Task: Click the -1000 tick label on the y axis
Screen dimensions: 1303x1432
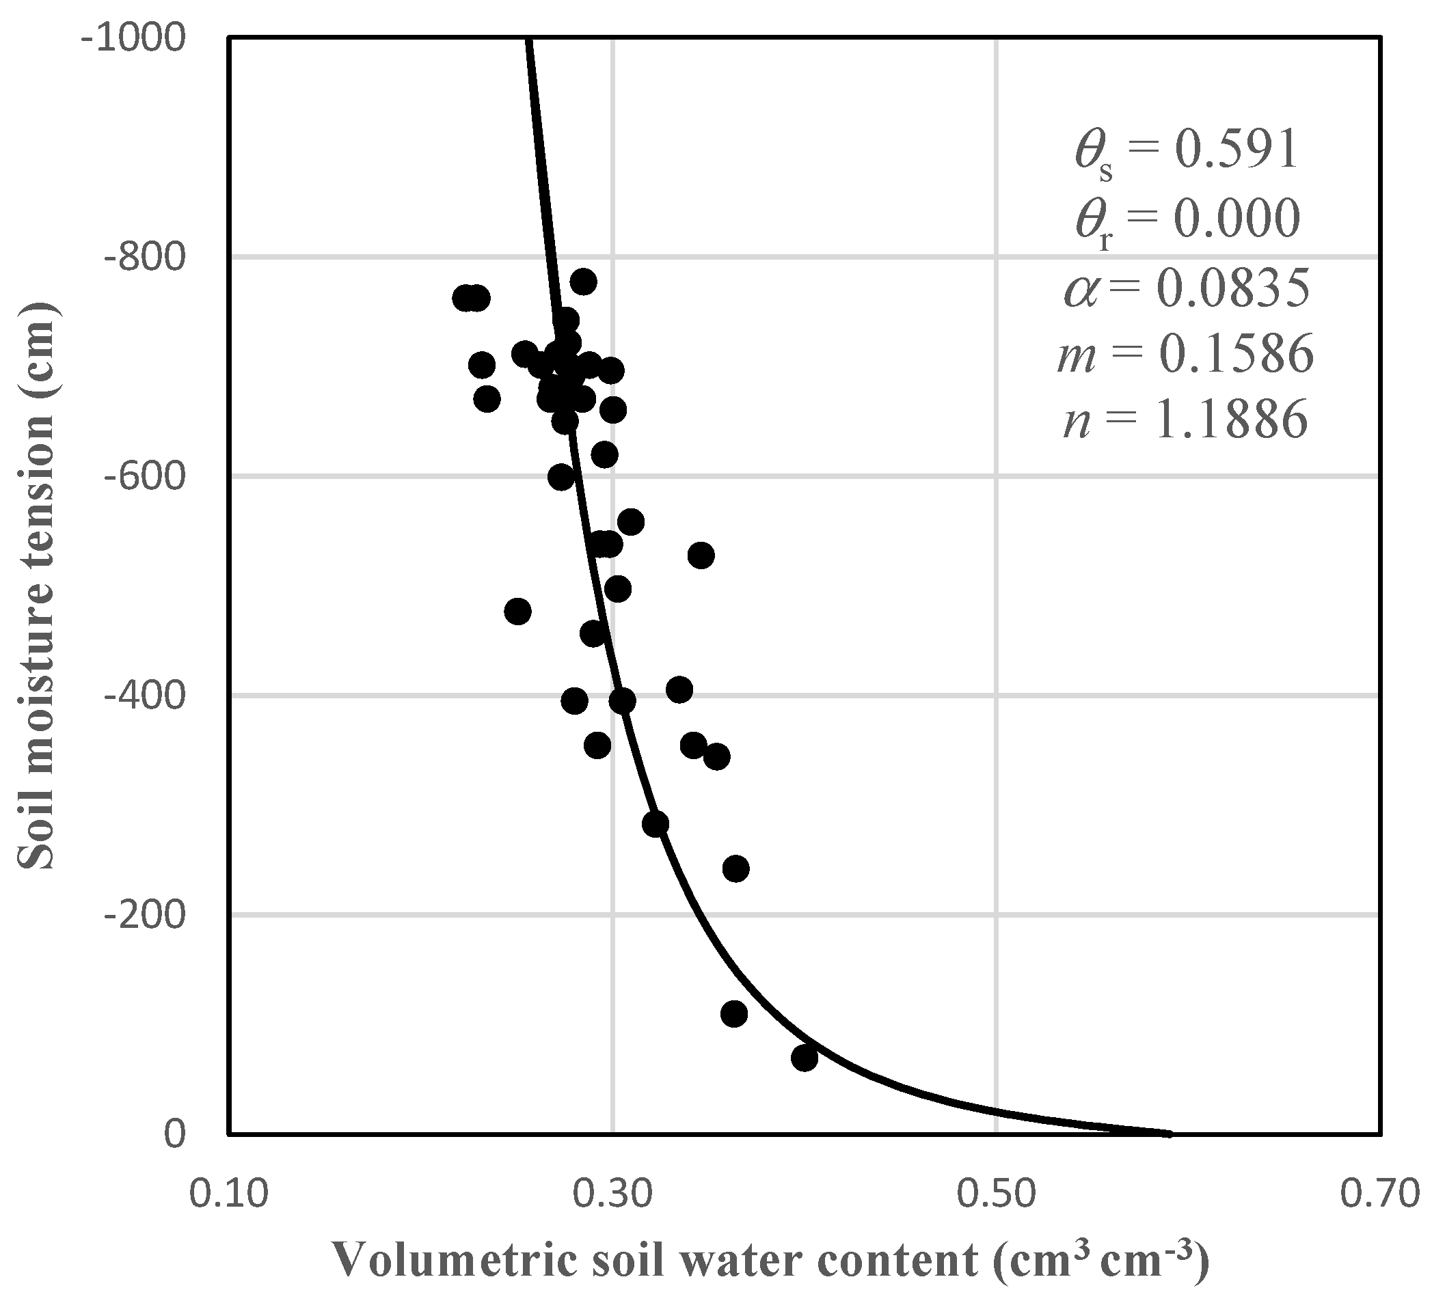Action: point(134,37)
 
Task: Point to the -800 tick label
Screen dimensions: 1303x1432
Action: point(146,256)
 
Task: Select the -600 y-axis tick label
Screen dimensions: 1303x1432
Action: point(146,476)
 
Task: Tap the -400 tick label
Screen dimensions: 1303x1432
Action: point(146,694)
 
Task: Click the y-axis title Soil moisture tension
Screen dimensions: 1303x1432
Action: point(36,585)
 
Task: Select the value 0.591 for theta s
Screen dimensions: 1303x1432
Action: point(1236,150)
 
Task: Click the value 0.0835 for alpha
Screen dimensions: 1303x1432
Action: point(1234,288)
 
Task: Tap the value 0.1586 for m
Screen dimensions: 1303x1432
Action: point(1237,355)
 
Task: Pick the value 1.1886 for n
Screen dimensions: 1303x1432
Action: point(1232,420)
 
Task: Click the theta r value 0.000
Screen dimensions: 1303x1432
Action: point(1236,219)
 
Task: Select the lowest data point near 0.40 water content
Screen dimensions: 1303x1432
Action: point(804,1058)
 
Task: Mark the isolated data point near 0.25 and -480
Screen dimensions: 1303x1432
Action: point(518,612)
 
